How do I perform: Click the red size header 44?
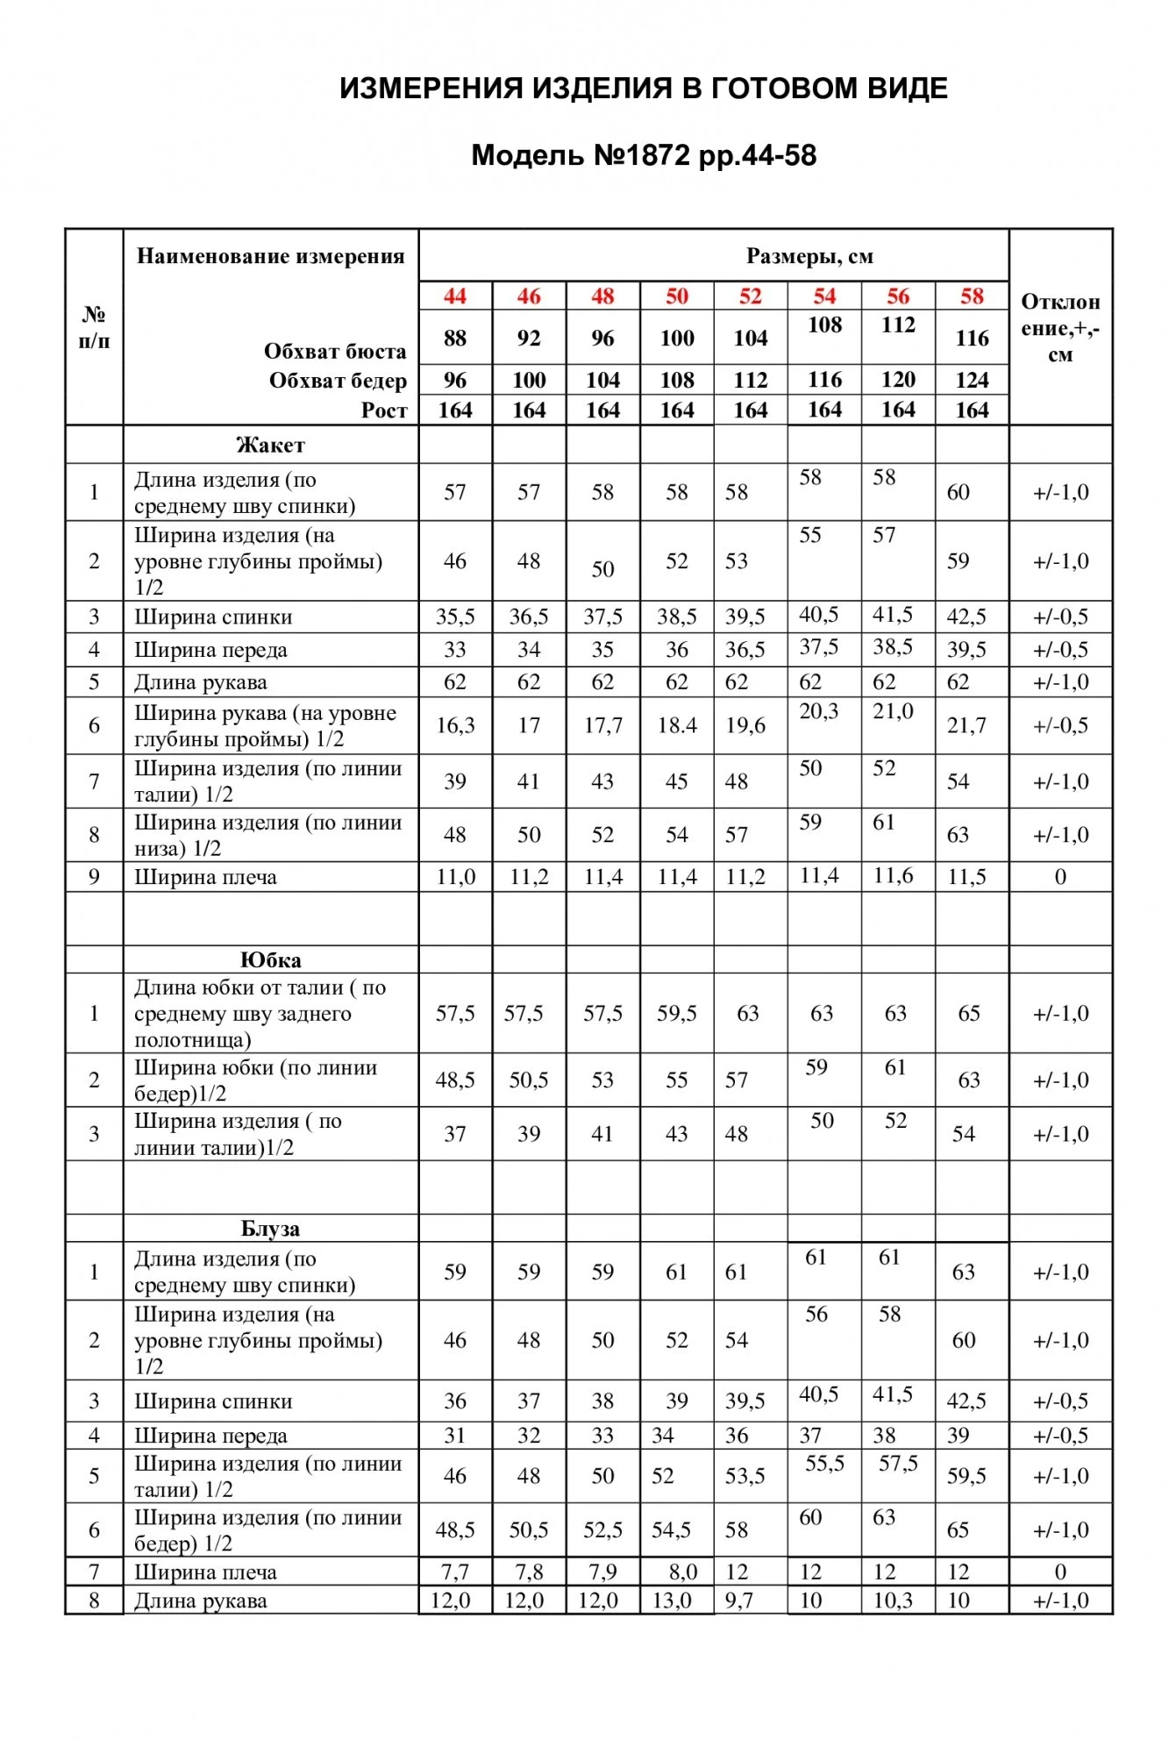point(455,296)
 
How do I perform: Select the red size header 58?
point(972,296)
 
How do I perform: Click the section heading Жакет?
point(270,445)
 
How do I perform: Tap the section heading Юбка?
point(270,959)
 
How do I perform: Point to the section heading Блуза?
point(270,1229)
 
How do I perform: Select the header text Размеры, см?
point(809,256)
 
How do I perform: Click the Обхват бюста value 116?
point(972,338)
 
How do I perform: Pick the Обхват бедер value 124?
point(972,380)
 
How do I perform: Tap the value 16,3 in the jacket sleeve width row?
point(455,725)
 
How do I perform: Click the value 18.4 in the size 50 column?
point(676,725)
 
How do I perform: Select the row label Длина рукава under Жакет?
point(201,682)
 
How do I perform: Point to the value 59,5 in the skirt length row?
point(676,1013)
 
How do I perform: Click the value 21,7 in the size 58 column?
point(966,725)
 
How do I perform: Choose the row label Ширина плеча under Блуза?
point(205,1572)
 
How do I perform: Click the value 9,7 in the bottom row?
point(738,1601)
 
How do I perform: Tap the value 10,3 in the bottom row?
point(893,1601)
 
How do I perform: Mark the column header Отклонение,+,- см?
point(1060,327)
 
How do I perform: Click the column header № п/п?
point(94,327)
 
